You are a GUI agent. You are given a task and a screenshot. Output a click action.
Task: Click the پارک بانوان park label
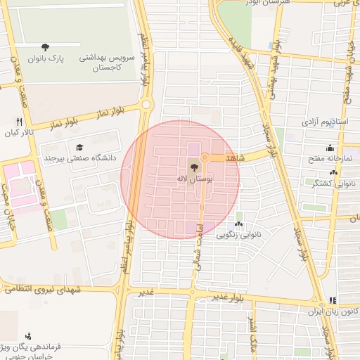coord(46,60)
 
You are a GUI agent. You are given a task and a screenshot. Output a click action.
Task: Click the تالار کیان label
coord(19,132)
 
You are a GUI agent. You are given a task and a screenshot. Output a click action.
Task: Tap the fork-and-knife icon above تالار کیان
coord(19,121)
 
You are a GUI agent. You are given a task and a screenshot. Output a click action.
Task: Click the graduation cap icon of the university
coord(79,147)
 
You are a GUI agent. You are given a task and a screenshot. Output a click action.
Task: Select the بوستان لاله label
coord(194,180)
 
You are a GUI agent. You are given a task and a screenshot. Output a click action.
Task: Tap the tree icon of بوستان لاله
coord(194,167)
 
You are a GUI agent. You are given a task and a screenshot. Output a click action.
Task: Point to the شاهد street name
coord(234,159)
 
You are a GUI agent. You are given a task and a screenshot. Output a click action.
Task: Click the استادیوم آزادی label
coord(326,122)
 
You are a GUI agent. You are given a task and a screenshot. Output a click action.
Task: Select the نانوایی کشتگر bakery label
coord(328,183)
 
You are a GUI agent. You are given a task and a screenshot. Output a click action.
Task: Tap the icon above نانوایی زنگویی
coord(239,224)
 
